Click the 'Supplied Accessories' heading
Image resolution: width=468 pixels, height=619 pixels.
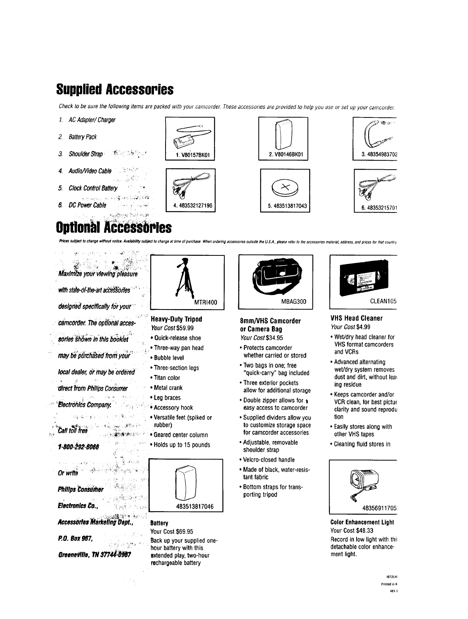(x=114, y=89)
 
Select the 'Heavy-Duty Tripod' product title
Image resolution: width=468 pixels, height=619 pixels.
(x=176, y=320)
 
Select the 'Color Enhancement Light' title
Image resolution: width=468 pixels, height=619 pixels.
(x=362, y=522)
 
